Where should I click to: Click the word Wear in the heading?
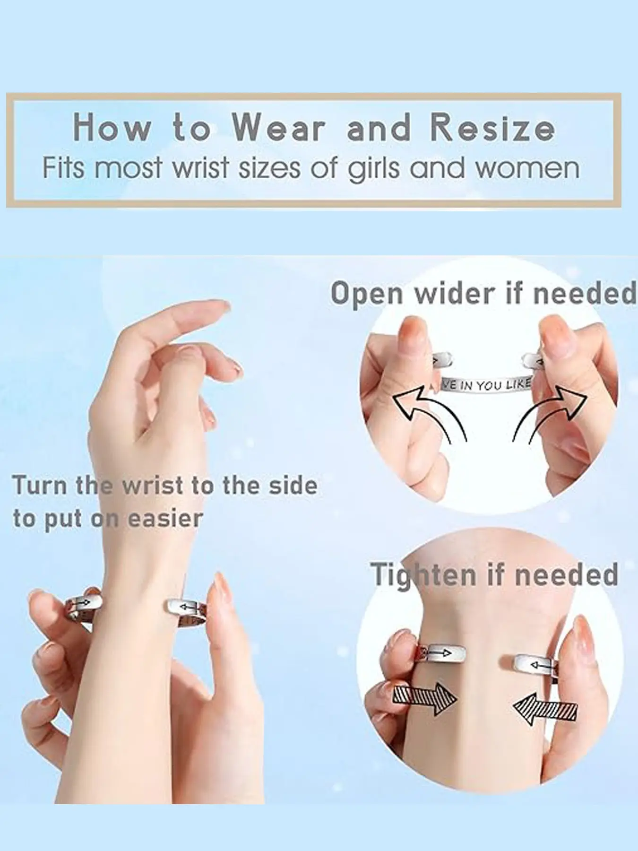pyautogui.click(x=279, y=128)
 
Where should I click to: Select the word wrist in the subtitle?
pyautogui.click(x=203, y=167)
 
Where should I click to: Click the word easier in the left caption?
pyautogui.click(x=165, y=519)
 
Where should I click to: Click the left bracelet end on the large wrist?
pyautogui.click(x=85, y=604)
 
